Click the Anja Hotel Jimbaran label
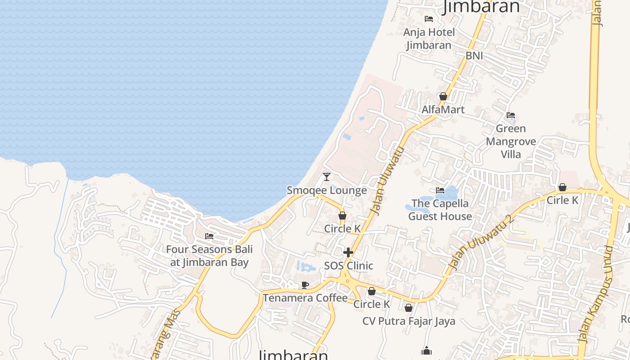(429, 39)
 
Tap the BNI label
(474, 55)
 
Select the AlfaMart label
(443, 109)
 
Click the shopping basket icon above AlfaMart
(443, 96)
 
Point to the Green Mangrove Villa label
(511, 141)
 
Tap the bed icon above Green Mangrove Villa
(510, 115)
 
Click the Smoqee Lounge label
(327, 190)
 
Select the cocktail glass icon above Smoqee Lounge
(327, 177)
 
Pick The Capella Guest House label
(440, 210)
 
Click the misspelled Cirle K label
(562, 200)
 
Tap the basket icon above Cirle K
(562, 187)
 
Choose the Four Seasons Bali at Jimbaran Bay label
(209, 256)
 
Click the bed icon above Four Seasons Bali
(209, 236)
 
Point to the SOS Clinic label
(348, 265)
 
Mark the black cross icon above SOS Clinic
(348, 252)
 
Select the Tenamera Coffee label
(305, 298)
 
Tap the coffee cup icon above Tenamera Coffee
(305, 285)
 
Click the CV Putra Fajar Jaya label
(409, 321)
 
